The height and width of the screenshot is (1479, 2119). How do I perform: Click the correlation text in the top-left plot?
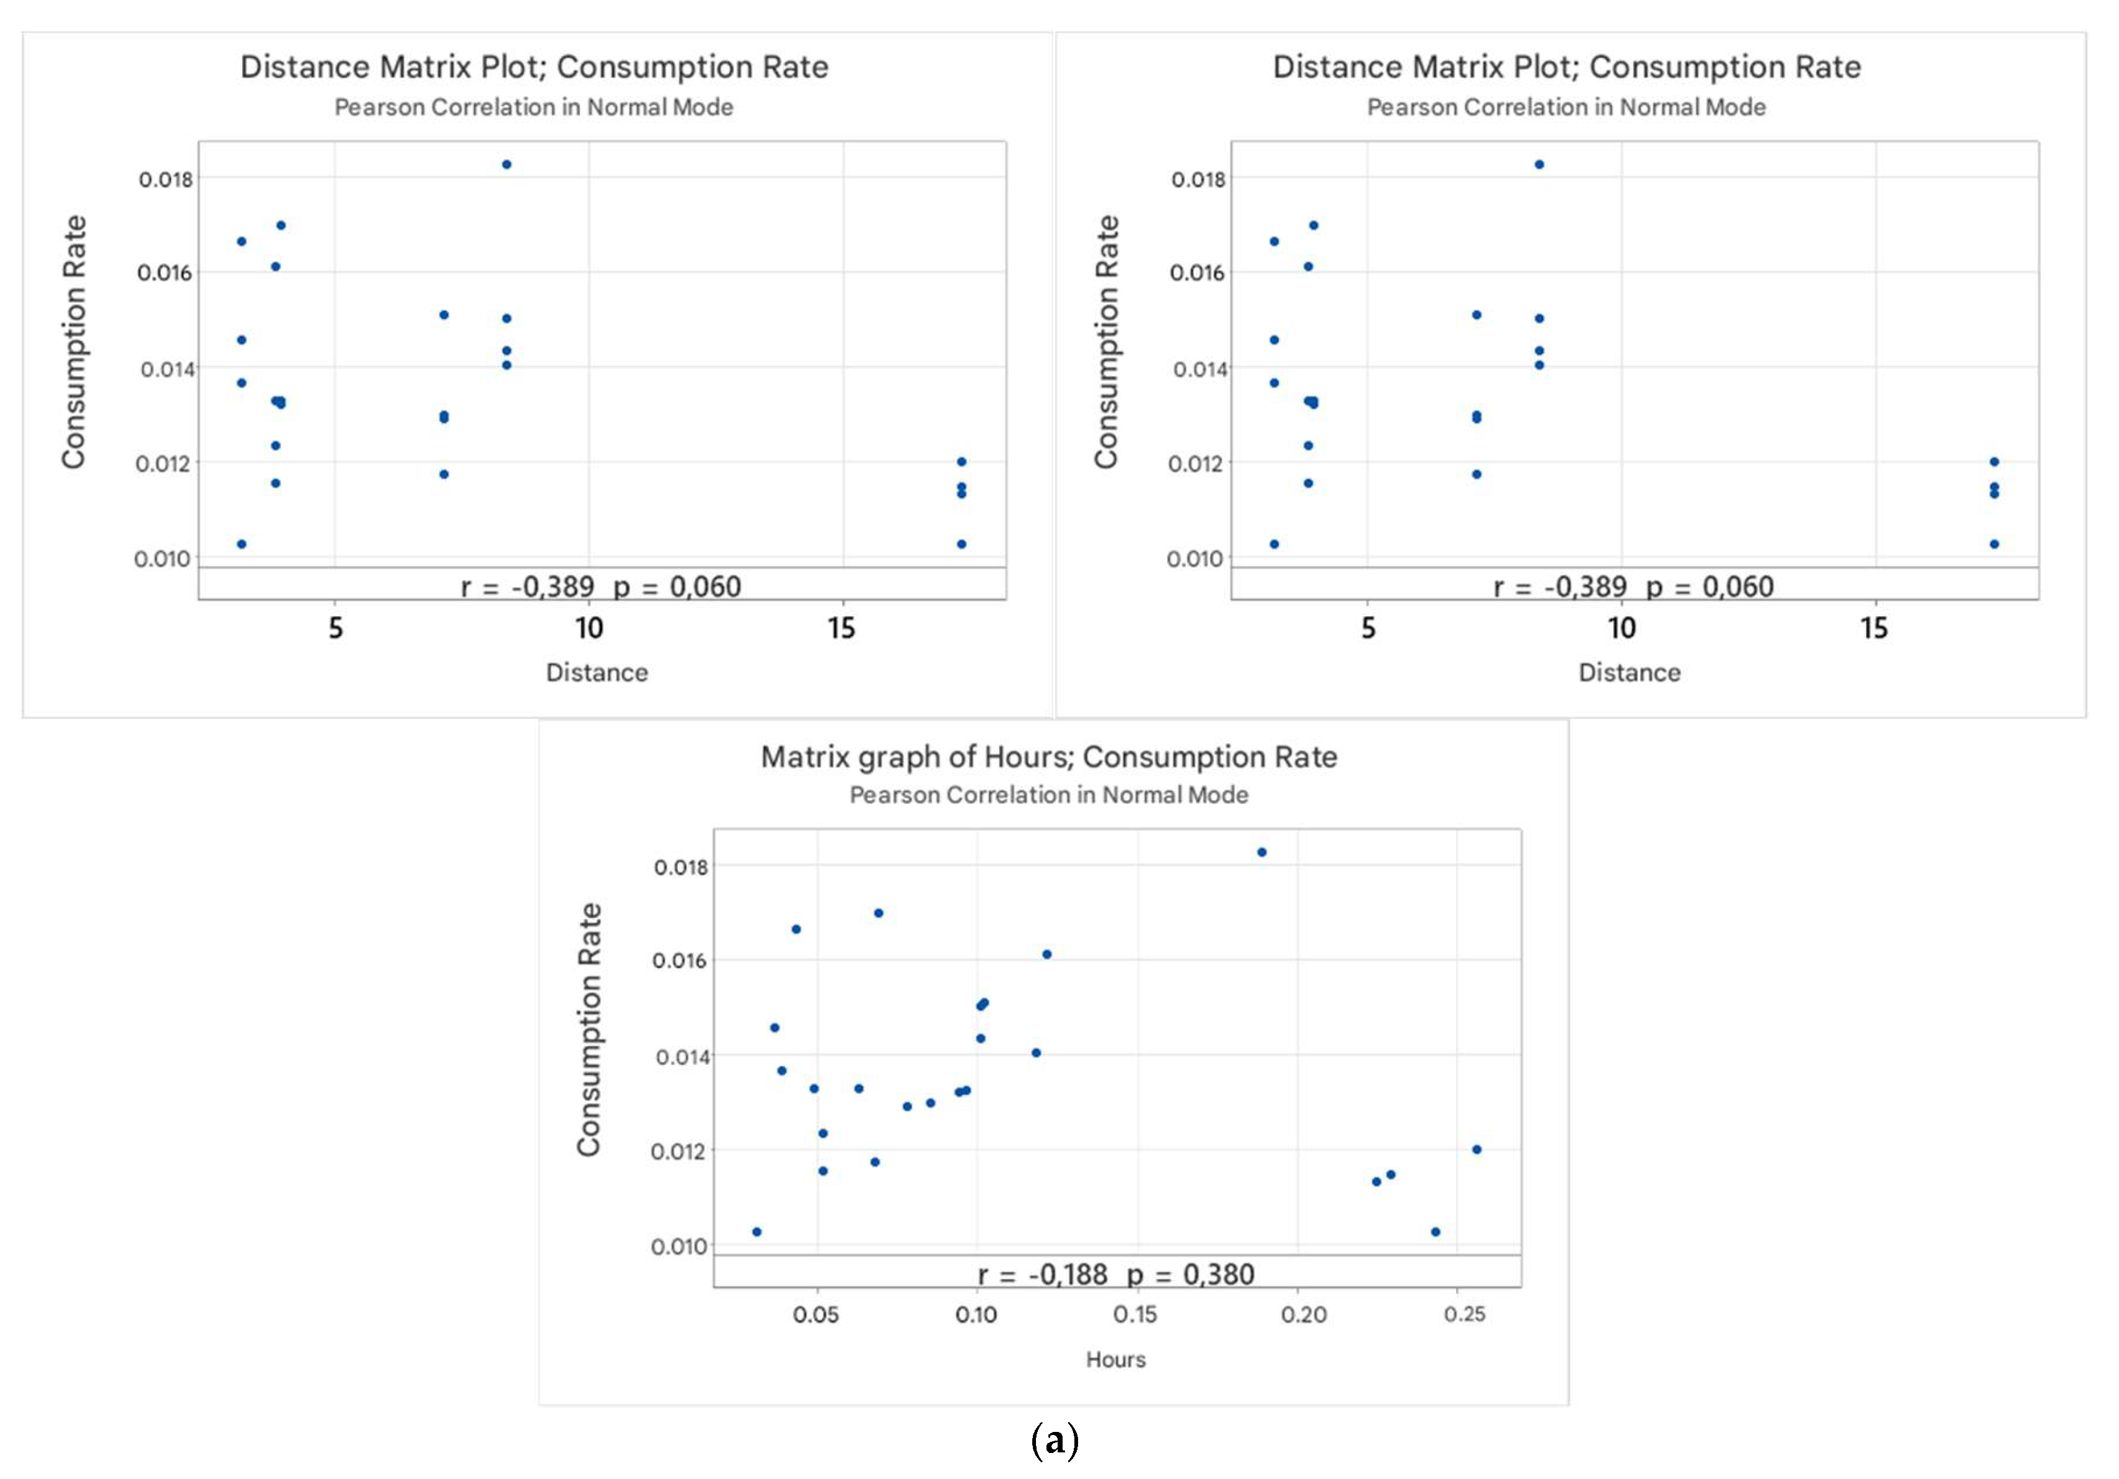[x=601, y=587]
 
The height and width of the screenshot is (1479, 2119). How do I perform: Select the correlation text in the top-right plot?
[x=1633, y=587]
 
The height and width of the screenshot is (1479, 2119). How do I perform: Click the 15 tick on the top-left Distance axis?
[x=841, y=628]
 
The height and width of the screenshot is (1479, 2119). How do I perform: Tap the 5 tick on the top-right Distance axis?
[x=1368, y=628]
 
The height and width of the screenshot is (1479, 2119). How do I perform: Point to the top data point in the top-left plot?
[x=507, y=164]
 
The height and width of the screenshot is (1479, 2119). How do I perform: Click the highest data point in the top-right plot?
[x=1540, y=164]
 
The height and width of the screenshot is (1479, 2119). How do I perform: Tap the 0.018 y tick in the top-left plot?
[x=165, y=179]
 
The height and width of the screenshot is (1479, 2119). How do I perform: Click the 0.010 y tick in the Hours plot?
[x=678, y=1247]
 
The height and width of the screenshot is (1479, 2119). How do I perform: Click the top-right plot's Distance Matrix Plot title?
[x=1566, y=68]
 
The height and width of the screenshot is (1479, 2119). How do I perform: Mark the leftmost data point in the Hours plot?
[x=757, y=1232]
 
